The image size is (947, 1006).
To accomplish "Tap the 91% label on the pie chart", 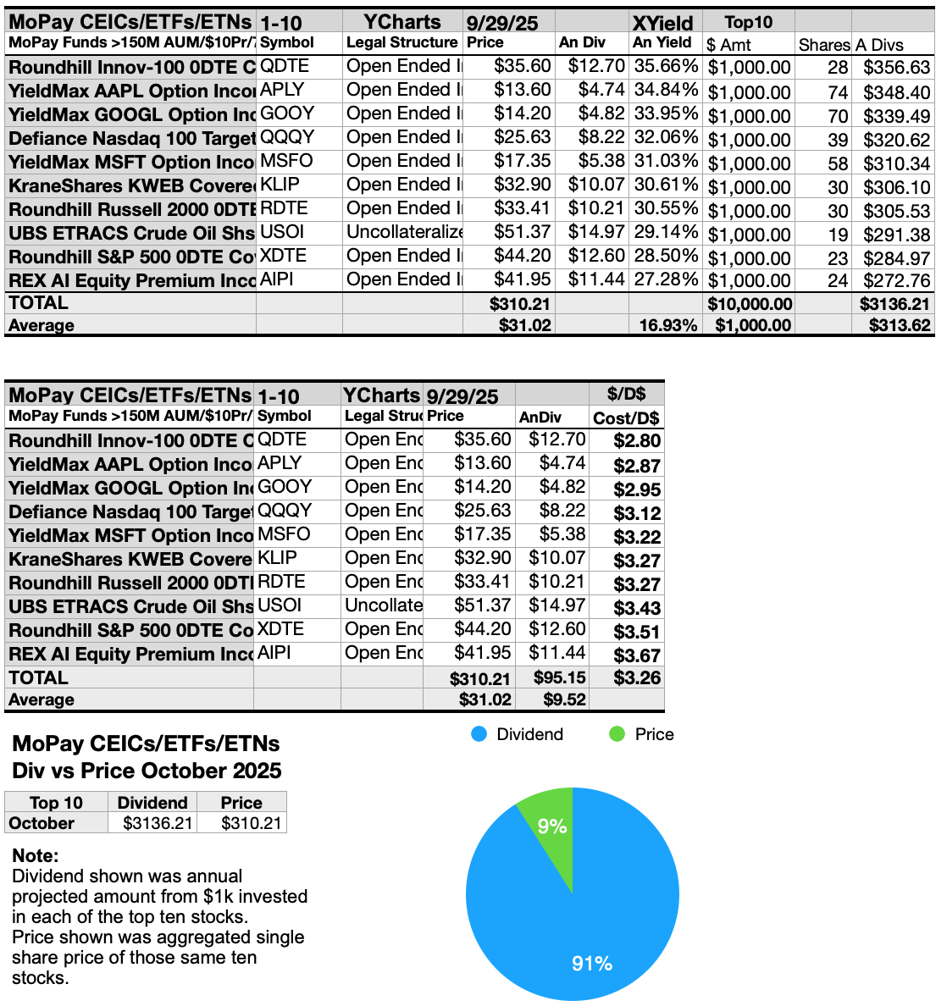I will pos(591,964).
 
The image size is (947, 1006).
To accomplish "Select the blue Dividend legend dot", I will pos(479,734).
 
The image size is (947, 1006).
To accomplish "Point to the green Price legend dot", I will pos(617,734).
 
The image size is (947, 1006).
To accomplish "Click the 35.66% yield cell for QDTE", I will pos(665,66).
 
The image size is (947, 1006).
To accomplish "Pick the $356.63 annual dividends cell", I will pos(896,67).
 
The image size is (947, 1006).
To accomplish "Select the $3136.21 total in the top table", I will pos(894,303).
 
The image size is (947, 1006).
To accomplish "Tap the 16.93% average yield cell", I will pos(668,325).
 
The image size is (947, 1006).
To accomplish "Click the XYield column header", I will pos(662,23).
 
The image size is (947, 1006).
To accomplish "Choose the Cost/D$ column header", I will pos(626,417).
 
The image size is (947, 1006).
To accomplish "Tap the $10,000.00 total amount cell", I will pos(750,303).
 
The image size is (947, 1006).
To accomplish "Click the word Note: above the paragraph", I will pos(36,855).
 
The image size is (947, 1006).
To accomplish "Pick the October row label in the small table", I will pos(42,823).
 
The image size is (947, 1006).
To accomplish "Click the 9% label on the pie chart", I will pos(551,826).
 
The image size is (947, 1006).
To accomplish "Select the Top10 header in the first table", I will pos(749,23).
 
